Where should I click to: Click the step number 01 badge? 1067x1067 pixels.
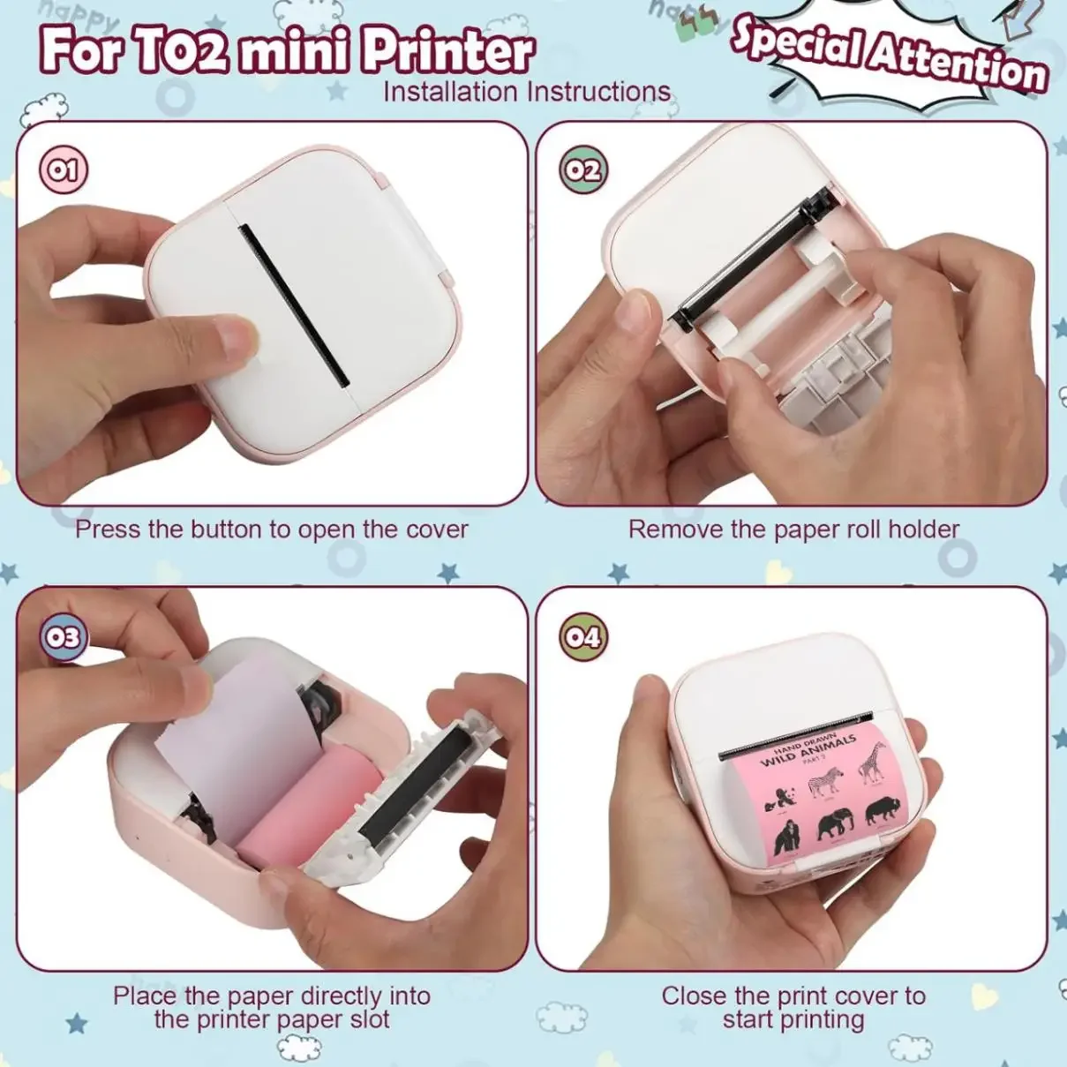(63, 169)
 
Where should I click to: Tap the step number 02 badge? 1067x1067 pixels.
(582, 169)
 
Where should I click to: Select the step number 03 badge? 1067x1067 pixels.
(63, 636)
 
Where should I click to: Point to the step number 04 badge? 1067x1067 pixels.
(582, 636)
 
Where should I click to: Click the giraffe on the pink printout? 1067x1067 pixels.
(871, 763)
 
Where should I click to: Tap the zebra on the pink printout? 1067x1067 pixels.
(825, 782)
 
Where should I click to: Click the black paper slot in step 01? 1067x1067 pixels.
(294, 305)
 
